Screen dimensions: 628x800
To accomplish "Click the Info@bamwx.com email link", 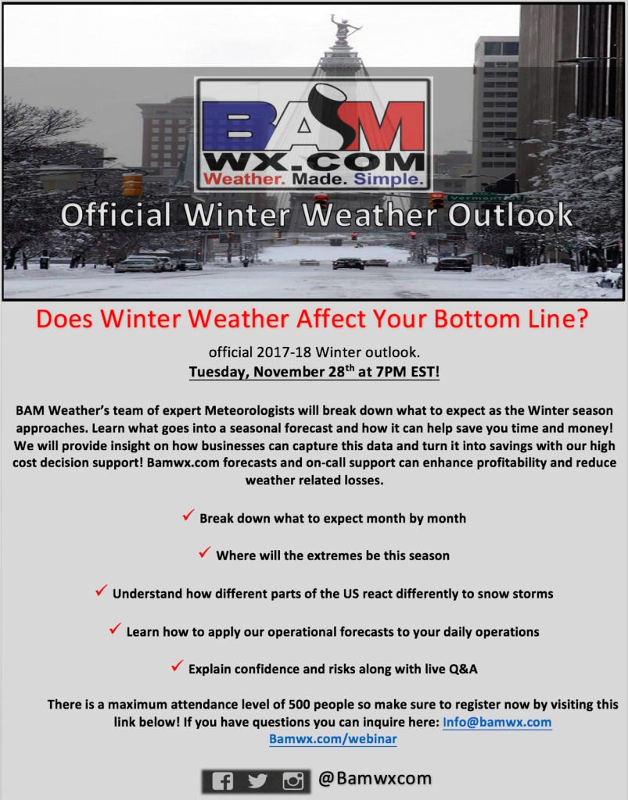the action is pos(497,722).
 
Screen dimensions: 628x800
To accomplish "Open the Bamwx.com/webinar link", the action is pos(333,739).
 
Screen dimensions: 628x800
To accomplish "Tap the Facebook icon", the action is pos(222,781).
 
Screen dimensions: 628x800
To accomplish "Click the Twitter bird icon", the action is pos(257,781).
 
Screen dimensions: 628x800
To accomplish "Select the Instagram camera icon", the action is pos(293,781).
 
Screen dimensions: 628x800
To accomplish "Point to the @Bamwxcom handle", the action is pos(375,779).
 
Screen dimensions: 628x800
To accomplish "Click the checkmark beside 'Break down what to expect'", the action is pos(188,515).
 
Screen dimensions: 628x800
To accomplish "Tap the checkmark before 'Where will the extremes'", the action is pos(205,552).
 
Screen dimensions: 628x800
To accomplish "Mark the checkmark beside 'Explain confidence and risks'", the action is pos(178,666).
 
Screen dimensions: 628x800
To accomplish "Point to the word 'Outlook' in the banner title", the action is pos(511,215).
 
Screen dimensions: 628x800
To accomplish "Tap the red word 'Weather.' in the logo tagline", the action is pos(244,179).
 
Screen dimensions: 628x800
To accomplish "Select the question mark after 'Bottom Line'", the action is pos(581,319).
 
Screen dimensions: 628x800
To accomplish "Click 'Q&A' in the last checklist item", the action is pos(463,669).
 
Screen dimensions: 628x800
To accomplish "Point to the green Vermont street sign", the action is pos(485,198).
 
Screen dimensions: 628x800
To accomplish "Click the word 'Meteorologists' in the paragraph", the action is pos(249,411).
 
